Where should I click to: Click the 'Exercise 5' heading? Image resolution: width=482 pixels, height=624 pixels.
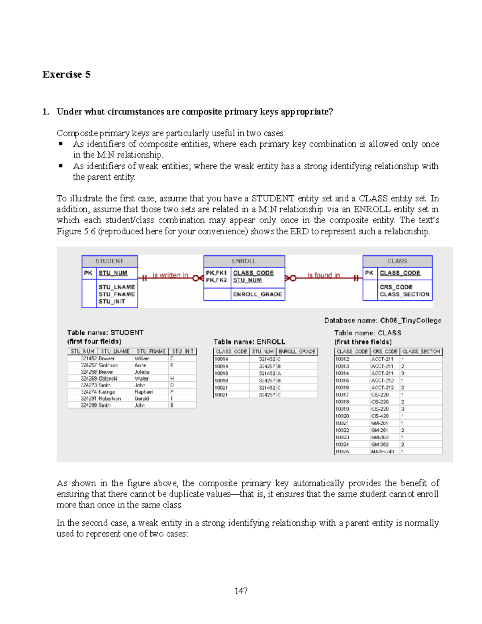point(66,75)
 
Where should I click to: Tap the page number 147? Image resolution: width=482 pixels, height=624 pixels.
point(241,591)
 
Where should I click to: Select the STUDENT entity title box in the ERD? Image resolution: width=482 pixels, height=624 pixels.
point(109,261)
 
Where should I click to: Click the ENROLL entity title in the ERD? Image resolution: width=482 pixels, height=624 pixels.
point(244,261)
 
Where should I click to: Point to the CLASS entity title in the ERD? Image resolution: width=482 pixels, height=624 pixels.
point(397,261)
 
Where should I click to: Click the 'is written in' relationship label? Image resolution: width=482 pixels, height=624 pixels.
point(170,275)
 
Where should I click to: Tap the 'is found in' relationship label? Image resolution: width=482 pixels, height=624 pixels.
point(323,275)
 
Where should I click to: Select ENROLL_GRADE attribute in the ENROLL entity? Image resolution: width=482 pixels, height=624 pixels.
point(257,294)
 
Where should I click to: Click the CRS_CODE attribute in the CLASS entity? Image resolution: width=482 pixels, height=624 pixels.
point(396,287)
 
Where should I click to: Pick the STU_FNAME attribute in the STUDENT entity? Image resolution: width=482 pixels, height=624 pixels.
point(117,294)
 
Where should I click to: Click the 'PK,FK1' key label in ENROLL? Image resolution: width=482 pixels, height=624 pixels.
point(216,273)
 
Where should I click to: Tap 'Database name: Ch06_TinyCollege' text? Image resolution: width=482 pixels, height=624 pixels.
point(382,320)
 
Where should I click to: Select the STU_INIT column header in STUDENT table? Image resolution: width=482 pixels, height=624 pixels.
point(183,351)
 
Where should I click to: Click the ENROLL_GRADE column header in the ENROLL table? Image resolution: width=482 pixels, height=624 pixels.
point(297,351)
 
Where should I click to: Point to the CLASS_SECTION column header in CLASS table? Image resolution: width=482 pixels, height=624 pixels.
point(421,351)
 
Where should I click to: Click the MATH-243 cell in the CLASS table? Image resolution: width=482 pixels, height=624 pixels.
point(382,452)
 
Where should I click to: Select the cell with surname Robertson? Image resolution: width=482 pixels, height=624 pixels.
point(110,399)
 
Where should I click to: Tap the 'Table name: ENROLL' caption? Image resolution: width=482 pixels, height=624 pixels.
point(249,342)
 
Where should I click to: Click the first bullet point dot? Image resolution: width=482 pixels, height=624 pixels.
point(61,144)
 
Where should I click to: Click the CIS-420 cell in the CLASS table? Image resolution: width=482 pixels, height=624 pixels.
point(380,416)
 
